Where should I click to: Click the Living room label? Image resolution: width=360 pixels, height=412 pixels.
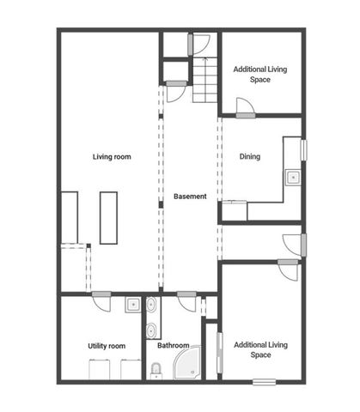(x=112, y=157)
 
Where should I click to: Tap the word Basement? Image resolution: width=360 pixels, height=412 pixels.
(x=190, y=197)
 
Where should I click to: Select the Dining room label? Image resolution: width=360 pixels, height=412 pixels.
(x=250, y=157)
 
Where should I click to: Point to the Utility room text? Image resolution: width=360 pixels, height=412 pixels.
(x=107, y=346)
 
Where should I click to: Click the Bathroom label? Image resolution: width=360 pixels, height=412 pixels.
(x=173, y=346)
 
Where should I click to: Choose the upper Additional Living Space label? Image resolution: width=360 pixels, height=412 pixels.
(x=260, y=74)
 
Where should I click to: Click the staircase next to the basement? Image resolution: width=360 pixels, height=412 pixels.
(x=204, y=81)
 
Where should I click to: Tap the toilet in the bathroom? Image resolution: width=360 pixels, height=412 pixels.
(x=156, y=370)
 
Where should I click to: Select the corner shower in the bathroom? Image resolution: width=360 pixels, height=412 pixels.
(x=188, y=364)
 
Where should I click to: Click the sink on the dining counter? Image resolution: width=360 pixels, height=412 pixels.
(x=292, y=178)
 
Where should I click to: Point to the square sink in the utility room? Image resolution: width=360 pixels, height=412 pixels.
(x=133, y=304)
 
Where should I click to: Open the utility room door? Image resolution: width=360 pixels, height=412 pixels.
(x=101, y=299)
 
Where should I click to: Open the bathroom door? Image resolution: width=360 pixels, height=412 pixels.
(x=186, y=299)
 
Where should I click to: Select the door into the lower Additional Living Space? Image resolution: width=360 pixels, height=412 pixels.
(x=289, y=266)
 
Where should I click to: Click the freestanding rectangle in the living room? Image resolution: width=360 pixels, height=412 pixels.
(x=108, y=217)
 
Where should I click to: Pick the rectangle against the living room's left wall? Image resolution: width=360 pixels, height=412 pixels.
(x=69, y=217)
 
